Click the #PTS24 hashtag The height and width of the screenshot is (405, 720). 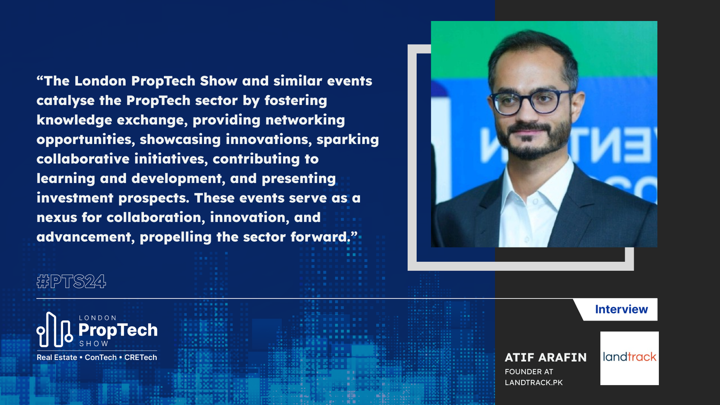pyautogui.click(x=72, y=282)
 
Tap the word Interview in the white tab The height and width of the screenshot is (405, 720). pyautogui.click(x=621, y=309)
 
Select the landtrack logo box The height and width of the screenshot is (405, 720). pyautogui.click(x=630, y=358)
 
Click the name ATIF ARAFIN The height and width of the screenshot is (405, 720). pyautogui.click(x=545, y=357)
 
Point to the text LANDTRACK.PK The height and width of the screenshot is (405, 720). pyautogui.click(x=534, y=382)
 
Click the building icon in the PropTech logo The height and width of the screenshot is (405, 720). pyautogui.click(x=54, y=330)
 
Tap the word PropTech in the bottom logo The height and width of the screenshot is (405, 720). pyautogui.click(x=118, y=331)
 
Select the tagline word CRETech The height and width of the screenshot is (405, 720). pyautogui.click(x=140, y=357)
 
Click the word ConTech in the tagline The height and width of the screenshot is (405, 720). pyautogui.click(x=101, y=357)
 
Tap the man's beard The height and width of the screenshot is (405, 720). pyautogui.click(x=532, y=141)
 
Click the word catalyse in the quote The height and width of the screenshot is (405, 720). pyautogui.click(x=66, y=101)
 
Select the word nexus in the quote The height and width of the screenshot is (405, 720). pyautogui.click(x=57, y=218)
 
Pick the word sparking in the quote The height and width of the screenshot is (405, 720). pyautogui.click(x=347, y=140)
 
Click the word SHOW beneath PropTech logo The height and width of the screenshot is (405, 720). pyautogui.click(x=94, y=344)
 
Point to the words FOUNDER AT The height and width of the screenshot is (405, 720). pyautogui.click(x=529, y=372)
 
